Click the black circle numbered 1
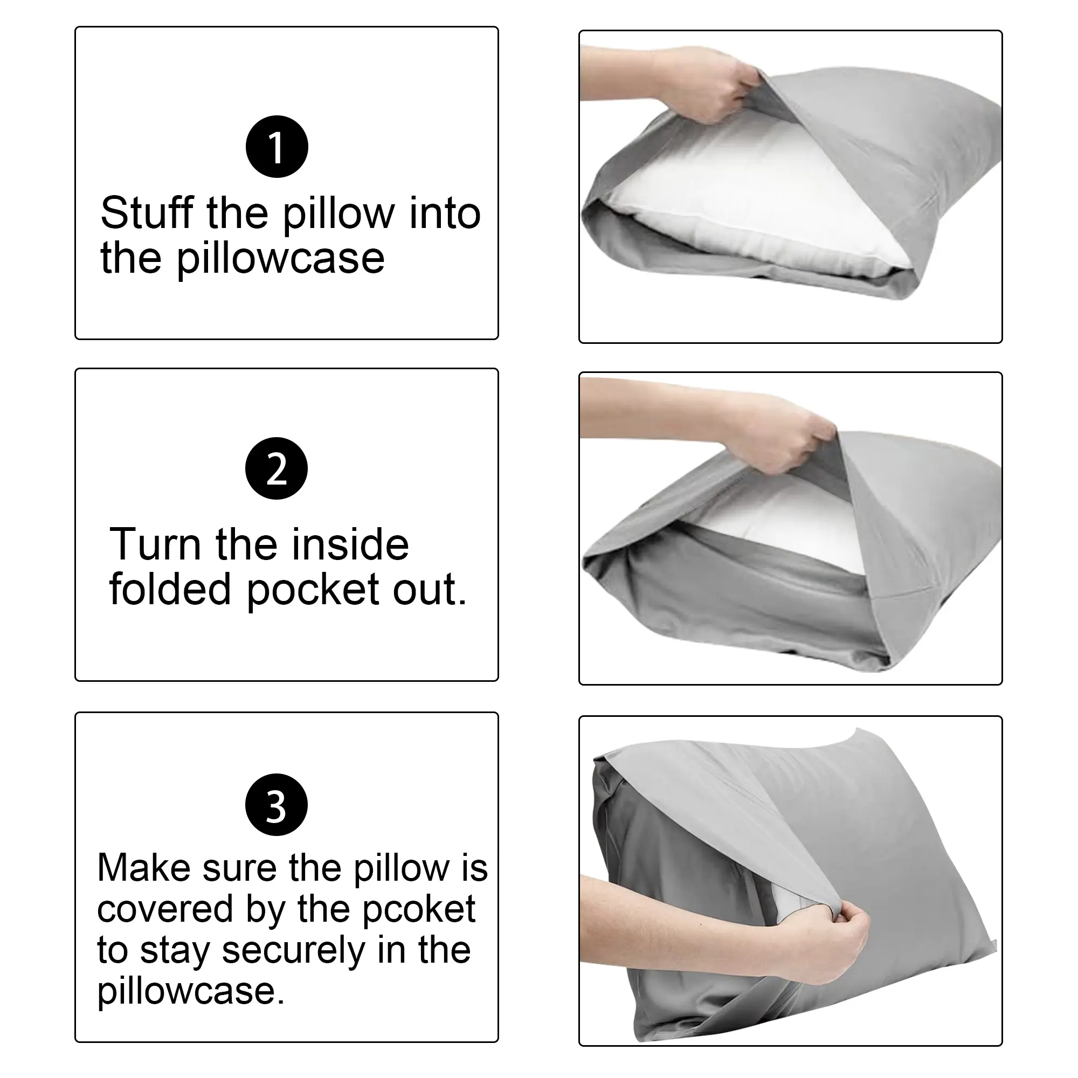click(x=277, y=147)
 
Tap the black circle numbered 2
click(x=276, y=468)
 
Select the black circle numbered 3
click(x=276, y=805)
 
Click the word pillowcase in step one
click(x=281, y=259)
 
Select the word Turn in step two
click(x=155, y=544)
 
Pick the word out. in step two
click(x=430, y=590)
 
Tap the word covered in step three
click(x=164, y=909)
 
